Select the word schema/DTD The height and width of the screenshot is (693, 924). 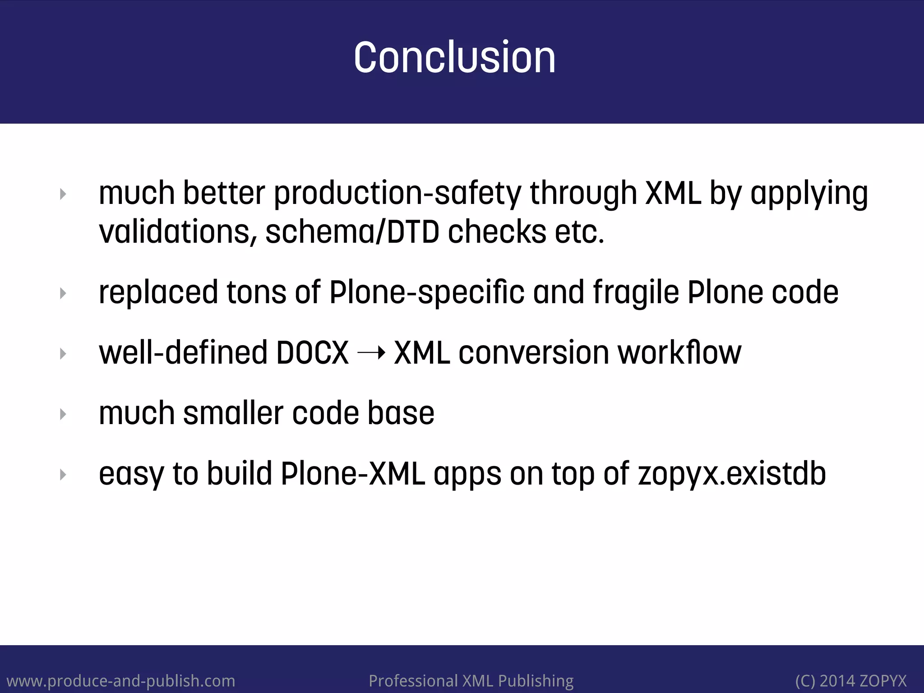pyautogui.click(x=352, y=232)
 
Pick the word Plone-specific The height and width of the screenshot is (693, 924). pyautogui.click(x=426, y=293)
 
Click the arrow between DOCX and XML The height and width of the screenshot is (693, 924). pyautogui.click(x=371, y=353)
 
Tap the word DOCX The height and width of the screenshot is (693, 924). pyautogui.click(x=312, y=353)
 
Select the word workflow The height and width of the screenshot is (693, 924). pyautogui.click(x=679, y=353)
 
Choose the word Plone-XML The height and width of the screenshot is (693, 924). pyautogui.click(x=352, y=474)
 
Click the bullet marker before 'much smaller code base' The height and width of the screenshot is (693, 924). pyautogui.click(x=63, y=414)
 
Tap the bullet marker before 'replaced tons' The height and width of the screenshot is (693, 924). pyautogui.click(x=63, y=294)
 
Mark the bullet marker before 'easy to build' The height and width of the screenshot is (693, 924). pyautogui.click(x=63, y=475)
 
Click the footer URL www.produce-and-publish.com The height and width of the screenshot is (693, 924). pyautogui.click(x=121, y=680)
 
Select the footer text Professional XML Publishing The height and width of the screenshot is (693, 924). pyautogui.click(x=471, y=680)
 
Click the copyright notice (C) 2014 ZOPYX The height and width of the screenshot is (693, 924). pyautogui.click(x=850, y=680)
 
